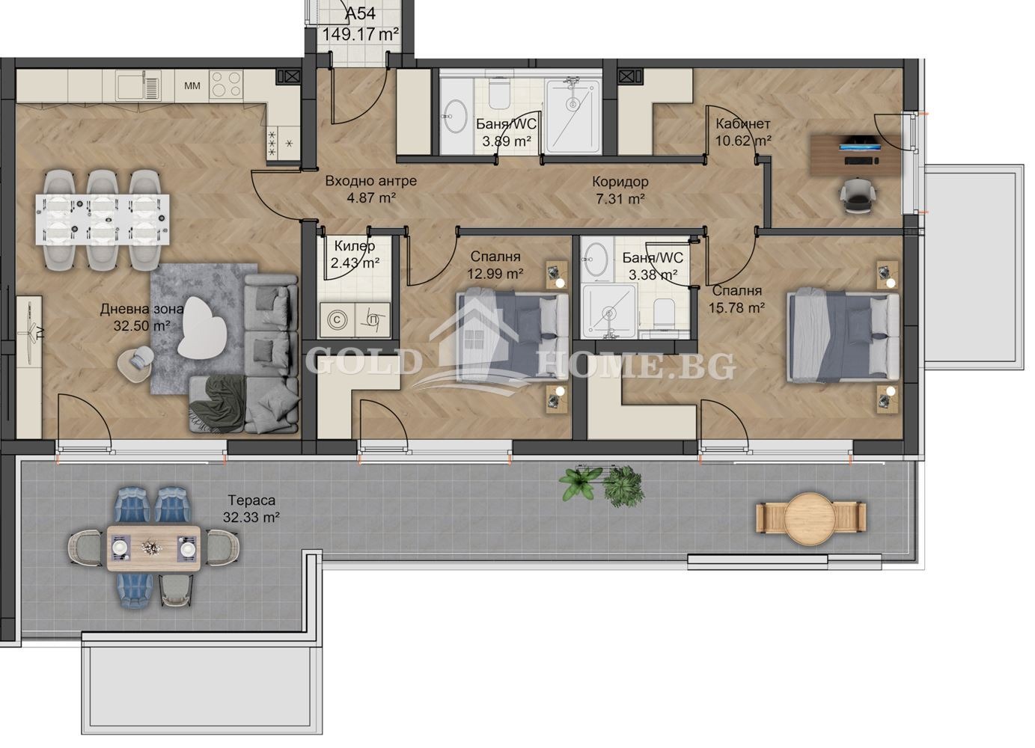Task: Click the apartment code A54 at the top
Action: tap(360, 13)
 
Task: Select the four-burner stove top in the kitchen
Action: tap(227, 85)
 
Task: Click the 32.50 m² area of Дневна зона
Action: tap(135, 325)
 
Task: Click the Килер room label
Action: tap(355, 246)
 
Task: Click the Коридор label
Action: tap(620, 181)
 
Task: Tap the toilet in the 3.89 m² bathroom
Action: tap(499, 93)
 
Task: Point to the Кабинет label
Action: tap(742, 124)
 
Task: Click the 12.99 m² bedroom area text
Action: tap(495, 274)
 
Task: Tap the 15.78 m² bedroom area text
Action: tap(737, 307)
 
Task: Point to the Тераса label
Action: tap(251, 500)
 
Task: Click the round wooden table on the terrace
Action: tap(811, 515)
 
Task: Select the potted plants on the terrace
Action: tap(602, 484)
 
